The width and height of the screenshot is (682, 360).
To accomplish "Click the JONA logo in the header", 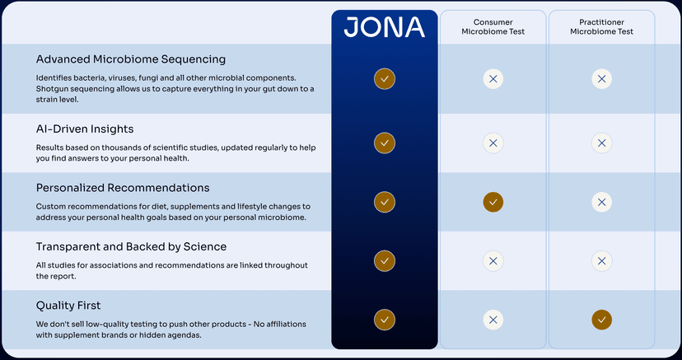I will pos(384,27).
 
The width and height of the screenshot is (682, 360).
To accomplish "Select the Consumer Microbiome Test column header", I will pos(493,26).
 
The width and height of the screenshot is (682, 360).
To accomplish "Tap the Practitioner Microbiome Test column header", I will pos(601,26).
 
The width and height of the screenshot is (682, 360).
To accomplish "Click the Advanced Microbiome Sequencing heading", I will pos(130,59).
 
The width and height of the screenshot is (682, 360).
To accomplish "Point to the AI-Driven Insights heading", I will pos(85,129).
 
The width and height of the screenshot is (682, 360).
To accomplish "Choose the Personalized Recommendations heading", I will pos(123,188).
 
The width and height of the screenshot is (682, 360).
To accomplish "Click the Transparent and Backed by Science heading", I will pos(131,246).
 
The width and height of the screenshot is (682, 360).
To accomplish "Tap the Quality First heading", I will pos(68,306).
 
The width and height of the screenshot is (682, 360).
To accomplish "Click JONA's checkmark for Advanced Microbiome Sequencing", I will pos(385,79).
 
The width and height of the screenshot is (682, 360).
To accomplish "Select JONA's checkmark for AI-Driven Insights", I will pos(385,143).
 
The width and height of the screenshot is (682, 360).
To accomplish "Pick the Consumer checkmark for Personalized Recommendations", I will pos(493,202).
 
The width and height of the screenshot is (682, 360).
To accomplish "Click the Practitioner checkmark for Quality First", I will pos(601,320).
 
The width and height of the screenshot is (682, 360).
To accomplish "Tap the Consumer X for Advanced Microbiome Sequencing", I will pos(493,79).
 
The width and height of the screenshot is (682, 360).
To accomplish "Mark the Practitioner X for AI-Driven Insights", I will pos(601,143).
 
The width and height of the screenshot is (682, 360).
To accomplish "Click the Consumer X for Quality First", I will pos(493,320).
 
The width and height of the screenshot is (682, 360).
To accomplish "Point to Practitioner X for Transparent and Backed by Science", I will pos(601,260).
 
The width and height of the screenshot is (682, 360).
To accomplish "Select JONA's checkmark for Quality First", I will pos(385,320).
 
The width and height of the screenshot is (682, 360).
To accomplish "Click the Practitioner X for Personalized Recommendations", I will pos(601,202).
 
